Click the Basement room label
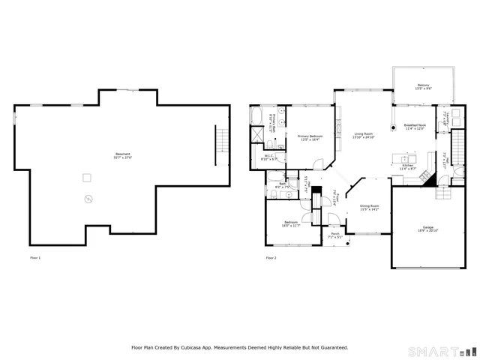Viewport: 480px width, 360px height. [x=122, y=155]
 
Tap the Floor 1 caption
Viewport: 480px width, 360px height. [x=34, y=258]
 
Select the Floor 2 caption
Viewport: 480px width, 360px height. [x=271, y=258]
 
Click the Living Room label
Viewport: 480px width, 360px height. [x=364, y=136]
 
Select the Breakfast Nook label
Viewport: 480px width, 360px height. [x=415, y=127]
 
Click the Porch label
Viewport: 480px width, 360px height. [x=335, y=235]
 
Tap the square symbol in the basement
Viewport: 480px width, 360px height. [x=87, y=177]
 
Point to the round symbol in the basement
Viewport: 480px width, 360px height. [x=88, y=199]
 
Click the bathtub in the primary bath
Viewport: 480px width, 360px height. [x=257, y=117]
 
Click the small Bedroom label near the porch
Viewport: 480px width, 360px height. [x=290, y=223]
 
